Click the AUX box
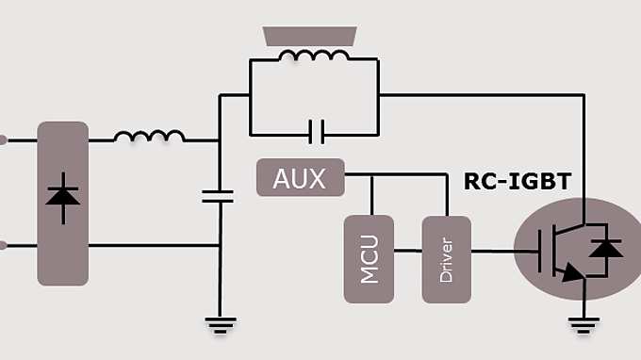(x=300, y=178)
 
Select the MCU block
(x=370, y=259)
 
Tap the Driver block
(x=446, y=259)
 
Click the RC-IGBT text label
(x=518, y=182)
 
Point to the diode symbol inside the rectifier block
(x=63, y=198)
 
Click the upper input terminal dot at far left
(x=3, y=140)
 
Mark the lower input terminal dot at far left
(x=3, y=246)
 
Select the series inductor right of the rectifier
(x=149, y=137)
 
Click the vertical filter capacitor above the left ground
(x=219, y=196)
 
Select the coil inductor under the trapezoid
(x=313, y=57)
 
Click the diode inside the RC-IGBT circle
(x=603, y=249)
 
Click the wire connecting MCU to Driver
(x=407, y=251)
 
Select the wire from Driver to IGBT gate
(x=492, y=251)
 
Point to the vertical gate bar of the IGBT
(x=540, y=251)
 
